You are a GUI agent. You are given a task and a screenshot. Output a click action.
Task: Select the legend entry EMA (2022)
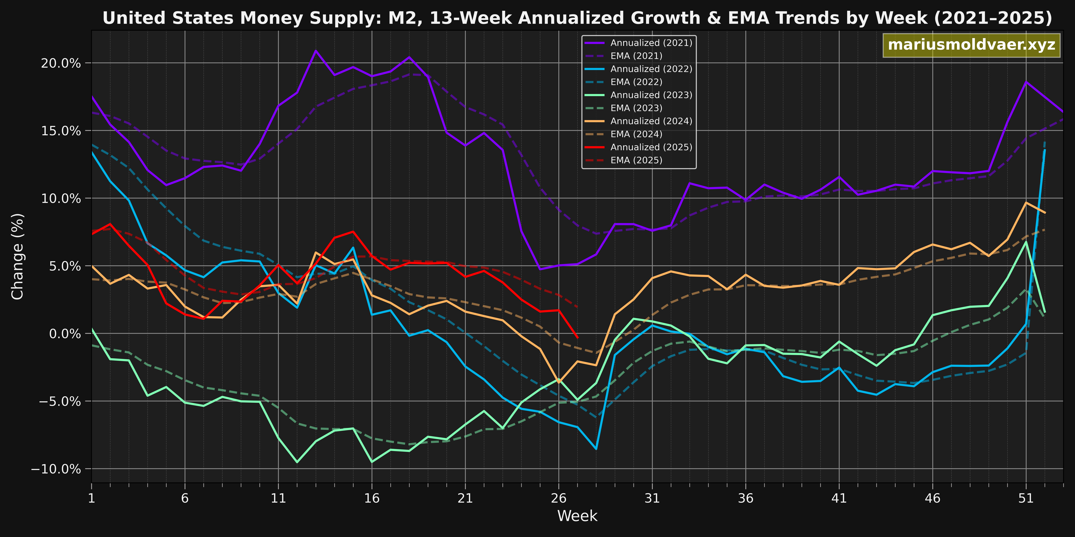[x=636, y=82]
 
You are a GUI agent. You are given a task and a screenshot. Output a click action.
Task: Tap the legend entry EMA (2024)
[x=636, y=134]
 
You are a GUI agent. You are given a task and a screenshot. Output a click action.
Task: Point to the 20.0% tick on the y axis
[x=61, y=63]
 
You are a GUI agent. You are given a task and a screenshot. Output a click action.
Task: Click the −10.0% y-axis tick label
[x=56, y=469]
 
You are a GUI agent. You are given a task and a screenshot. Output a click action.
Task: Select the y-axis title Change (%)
[x=18, y=256]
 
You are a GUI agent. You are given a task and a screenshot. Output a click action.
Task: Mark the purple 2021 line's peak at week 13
[x=315, y=51]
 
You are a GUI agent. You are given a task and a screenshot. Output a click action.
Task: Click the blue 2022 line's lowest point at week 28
[x=596, y=449]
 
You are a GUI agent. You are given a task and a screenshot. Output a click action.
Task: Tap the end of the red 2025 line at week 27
[x=577, y=337]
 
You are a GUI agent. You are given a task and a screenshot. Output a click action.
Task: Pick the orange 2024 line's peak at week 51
[x=1026, y=202]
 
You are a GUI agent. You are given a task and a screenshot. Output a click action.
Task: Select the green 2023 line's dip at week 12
[x=297, y=462]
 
